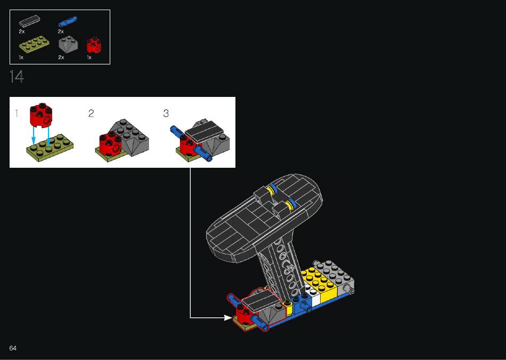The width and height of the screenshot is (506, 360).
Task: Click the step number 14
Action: [17, 77]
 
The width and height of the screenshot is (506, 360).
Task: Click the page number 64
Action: [13, 348]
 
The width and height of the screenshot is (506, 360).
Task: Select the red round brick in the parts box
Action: [94, 45]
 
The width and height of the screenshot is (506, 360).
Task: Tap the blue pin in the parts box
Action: [68, 21]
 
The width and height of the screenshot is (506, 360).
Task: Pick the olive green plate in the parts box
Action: [34, 44]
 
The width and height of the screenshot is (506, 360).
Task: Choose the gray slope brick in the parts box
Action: [68, 44]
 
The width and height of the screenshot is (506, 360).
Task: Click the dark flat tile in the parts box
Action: [30, 21]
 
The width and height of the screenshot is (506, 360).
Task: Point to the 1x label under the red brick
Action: [89, 58]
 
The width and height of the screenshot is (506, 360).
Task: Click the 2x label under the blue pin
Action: [61, 31]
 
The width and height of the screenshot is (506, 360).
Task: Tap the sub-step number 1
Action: [17, 113]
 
